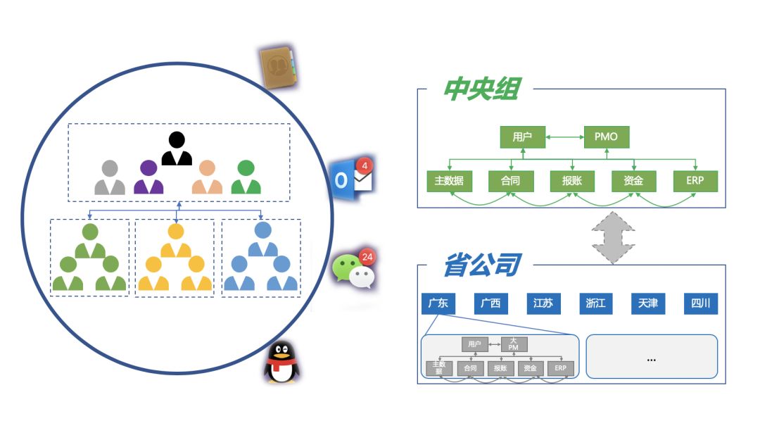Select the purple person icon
tap(148, 177)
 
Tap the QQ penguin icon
tap(283, 362)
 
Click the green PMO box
tap(607, 137)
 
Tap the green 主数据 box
tap(449, 181)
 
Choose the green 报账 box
tap(572, 181)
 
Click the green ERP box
tap(695, 181)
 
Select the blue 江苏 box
tap(543, 303)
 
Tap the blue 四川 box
tap(701, 303)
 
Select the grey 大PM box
tap(514, 344)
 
